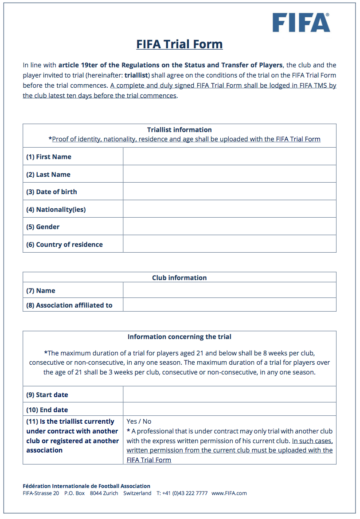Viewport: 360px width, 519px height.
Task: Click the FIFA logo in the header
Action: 301,22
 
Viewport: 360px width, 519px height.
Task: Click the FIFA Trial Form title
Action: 179,44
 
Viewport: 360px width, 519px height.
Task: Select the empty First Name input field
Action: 229,156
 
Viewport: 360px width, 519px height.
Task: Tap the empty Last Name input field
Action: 229,174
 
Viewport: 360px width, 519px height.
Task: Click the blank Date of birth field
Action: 229,191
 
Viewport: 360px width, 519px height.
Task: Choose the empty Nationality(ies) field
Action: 229,209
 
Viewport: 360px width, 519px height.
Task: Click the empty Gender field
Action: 229,226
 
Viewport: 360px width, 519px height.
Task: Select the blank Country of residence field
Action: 229,244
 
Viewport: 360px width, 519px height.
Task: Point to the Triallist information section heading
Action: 179,130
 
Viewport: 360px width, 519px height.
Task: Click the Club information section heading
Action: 179,278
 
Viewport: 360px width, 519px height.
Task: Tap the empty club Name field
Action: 229,291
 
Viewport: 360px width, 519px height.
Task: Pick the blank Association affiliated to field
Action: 229,305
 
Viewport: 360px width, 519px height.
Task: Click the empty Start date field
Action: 229,394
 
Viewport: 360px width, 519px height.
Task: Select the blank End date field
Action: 229,410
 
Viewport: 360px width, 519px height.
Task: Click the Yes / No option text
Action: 139,421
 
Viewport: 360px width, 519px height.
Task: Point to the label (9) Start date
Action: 47,395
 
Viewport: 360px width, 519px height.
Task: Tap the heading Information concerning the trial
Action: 179,337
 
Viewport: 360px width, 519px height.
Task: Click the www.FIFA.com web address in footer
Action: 229,493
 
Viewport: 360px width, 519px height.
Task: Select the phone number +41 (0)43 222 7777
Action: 185,493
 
